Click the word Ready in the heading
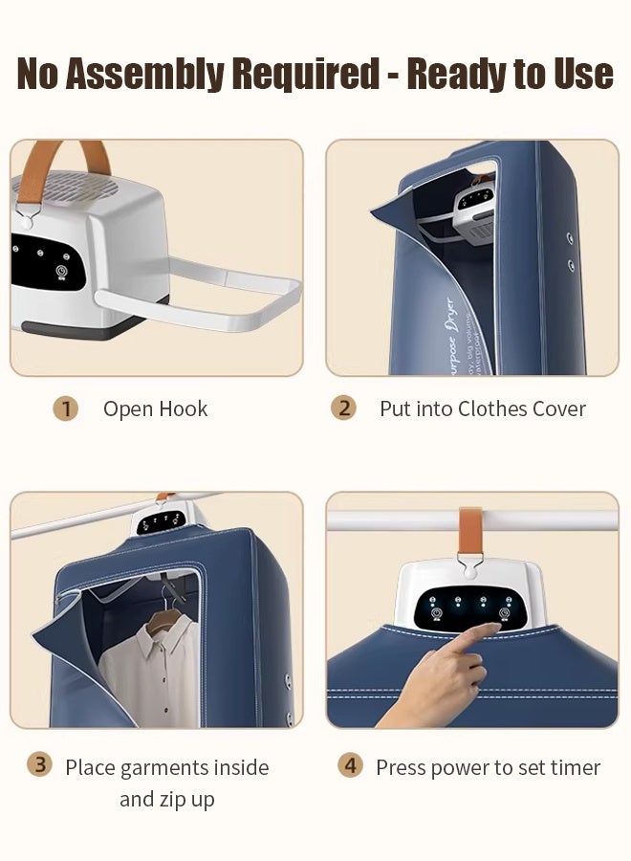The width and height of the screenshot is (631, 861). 461,74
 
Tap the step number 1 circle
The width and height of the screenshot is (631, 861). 65,409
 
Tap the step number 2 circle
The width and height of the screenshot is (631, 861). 343,408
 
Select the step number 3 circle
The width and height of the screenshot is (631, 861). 39,764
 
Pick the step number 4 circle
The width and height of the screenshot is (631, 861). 351,766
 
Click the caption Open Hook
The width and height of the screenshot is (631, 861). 155,409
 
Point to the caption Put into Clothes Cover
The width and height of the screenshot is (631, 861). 482,409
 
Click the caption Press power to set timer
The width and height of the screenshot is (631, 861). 488,767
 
